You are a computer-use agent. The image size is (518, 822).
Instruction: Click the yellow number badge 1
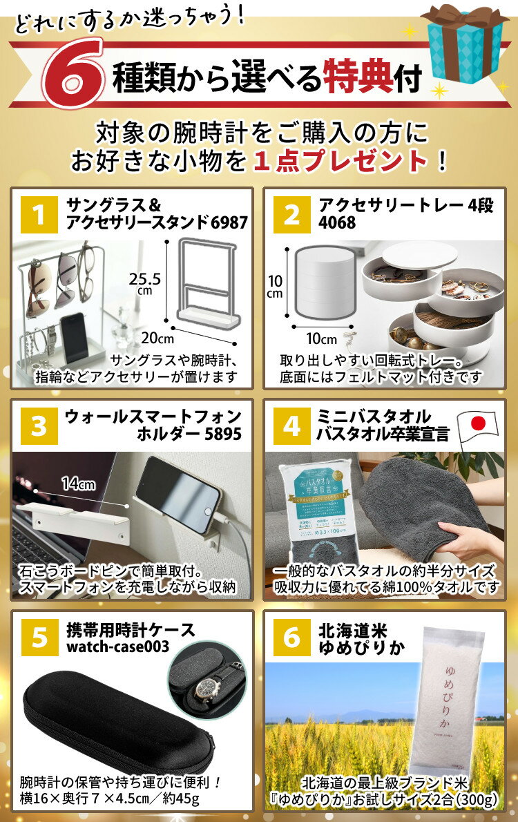click(x=39, y=215)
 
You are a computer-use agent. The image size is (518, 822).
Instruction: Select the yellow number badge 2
click(x=291, y=215)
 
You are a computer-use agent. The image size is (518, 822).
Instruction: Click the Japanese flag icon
click(x=479, y=427)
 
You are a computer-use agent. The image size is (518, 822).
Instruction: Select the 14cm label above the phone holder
click(x=77, y=484)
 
